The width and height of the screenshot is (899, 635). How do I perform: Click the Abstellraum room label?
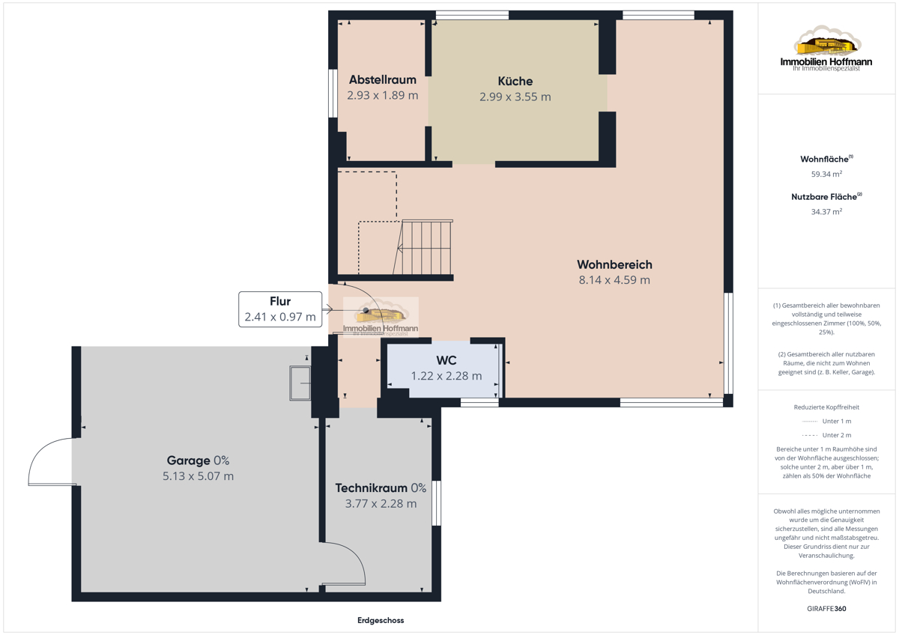pyautogui.click(x=383, y=80)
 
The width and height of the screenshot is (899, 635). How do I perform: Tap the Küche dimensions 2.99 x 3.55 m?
pyautogui.click(x=515, y=97)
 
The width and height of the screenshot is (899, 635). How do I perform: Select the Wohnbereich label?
pyautogui.click(x=614, y=265)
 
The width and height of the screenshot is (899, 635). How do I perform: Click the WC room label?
pyautogui.click(x=447, y=360)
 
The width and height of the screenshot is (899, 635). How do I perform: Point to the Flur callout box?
pyautogui.click(x=280, y=309)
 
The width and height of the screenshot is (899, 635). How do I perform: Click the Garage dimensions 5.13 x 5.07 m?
pyautogui.click(x=198, y=476)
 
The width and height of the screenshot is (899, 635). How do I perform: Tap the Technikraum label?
pyautogui.click(x=372, y=488)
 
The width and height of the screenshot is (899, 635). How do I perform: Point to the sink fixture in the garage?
pyautogui.click(x=300, y=383)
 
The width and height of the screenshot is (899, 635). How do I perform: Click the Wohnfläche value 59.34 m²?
pyautogui.click(x=826, y=174)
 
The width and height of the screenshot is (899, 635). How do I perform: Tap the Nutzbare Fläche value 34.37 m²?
pyautogui.click(x=826, y=211)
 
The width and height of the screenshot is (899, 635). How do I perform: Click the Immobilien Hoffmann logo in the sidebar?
pyautogui.click(x=826, y=49)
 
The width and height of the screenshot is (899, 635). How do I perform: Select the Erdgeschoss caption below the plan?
pyautogui.click(x=381, y=620)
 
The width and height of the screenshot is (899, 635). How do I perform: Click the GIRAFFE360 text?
pyautogui.click(x=826, y=609)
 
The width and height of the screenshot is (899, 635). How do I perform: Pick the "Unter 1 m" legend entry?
pyautogui.click(x=826, y=421)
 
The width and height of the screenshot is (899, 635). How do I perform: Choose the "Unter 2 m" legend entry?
pyautogui.click(x=826, y=435)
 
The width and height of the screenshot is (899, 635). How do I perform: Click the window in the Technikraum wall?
pyautogui.click(x=436, y=503)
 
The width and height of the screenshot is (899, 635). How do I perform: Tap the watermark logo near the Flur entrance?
pyautogui.click(x=381, y=317)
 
